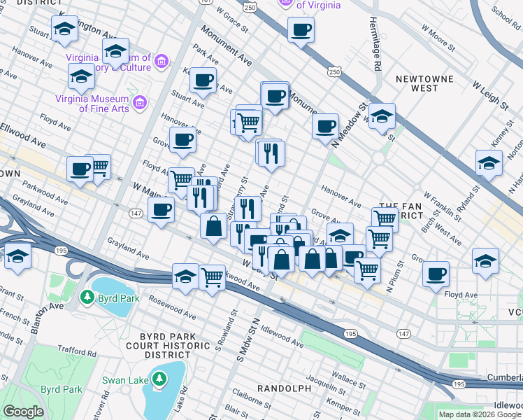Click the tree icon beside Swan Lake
pyautogui.click(x=160, y=379)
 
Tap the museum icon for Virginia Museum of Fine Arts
pyautogui.click(x=140, y=103)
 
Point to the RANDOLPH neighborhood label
pyautogui.click(x=284, y=388)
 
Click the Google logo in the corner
pyautogui.click(x=23, y=412)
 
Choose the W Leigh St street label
pyautogui.click(x=489, y=94)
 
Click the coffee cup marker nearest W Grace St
pyautogui.click(x=301, y=30)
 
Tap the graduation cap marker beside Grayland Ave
pyautogui.click(x=17, y=255)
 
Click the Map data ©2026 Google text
pyautogui.click(x=480, y=414)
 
